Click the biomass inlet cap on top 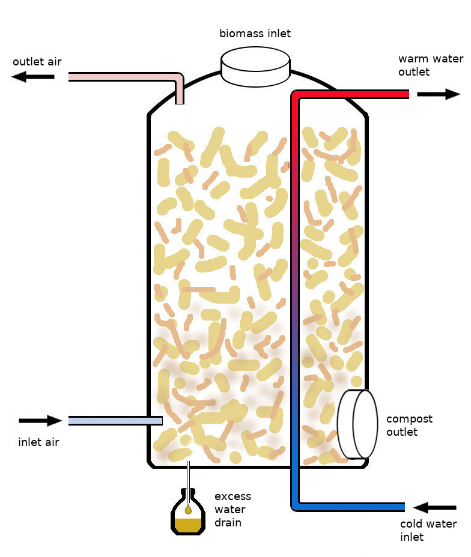click(x=255, y=66)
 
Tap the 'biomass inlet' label click(x=255, y=33)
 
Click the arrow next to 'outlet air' click(x=33, y=76)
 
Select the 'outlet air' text click(x=37, y=61)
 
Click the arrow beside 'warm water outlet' click(x=439, y=94)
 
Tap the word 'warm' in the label click(x=413, y=59)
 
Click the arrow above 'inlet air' click(x=40, y=421)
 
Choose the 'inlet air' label click(x=39, y=443)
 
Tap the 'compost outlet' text click(x=409, y=425)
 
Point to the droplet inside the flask click(x=188, y=510)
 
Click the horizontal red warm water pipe click(x=354, y=94)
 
